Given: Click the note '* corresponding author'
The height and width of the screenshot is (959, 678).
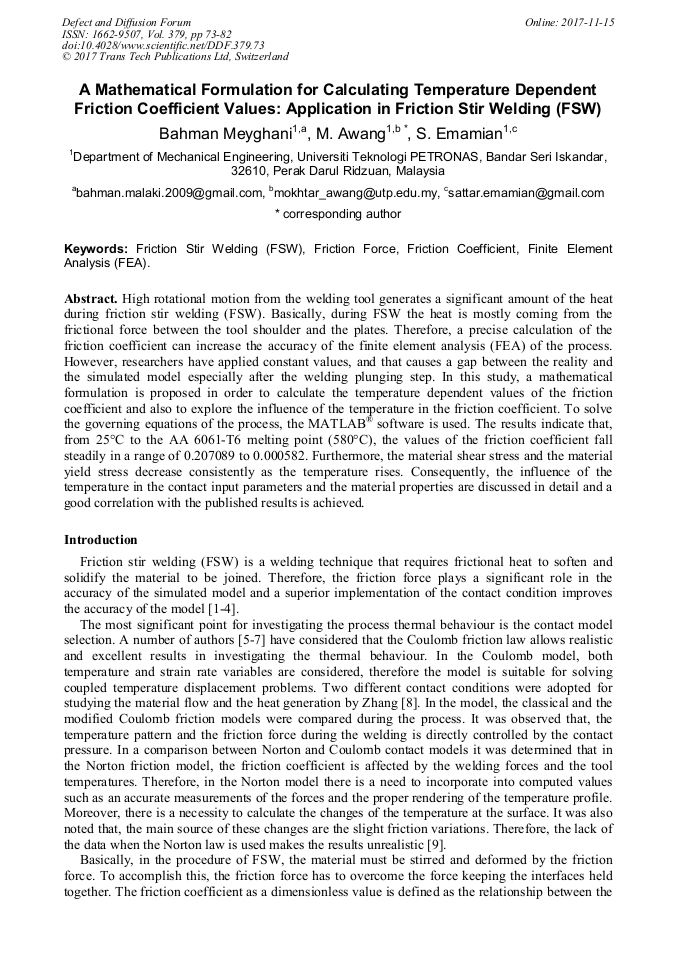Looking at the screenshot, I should click(338, 214).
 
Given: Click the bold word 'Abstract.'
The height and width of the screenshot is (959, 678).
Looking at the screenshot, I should click(92, 299).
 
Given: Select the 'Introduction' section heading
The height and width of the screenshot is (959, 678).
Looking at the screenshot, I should click(101, 540).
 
